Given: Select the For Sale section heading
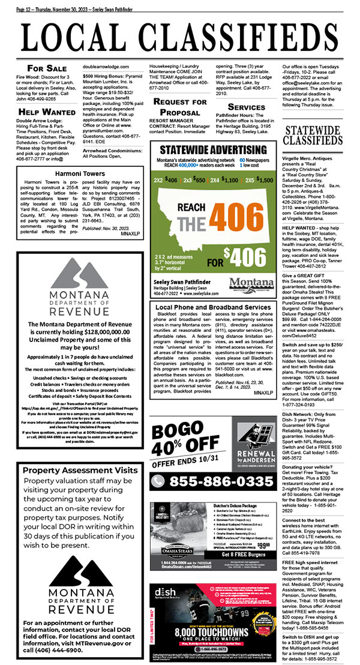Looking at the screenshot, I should pos(47,68).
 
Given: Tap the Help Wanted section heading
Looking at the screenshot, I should pos(47,111).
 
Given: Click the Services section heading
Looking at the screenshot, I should pos(246,107).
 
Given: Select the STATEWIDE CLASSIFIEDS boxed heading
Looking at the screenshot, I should pos(316,152).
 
